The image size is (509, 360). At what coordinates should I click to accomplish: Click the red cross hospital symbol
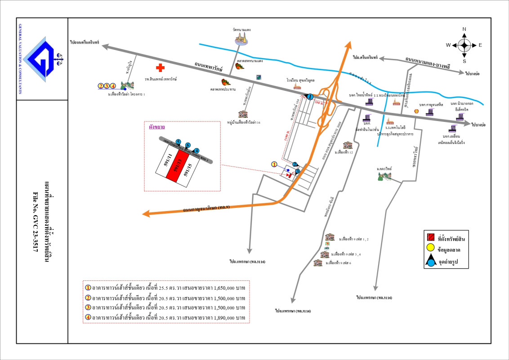pyautogui.click(x=160, y=68)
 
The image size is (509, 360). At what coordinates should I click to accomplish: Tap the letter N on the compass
pyautogui.click(x=464, y=29)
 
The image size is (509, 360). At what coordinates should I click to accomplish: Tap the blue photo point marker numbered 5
pyautogui.click(x=179, y=142)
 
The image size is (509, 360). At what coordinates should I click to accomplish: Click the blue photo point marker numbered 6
pyautogui.click(x=188, y=145)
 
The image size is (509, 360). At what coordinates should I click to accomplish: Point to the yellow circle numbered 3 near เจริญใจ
pyautogui.click(x=107, y=85)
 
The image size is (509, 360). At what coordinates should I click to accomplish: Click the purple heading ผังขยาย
pyautogui.click(x=157, y=127)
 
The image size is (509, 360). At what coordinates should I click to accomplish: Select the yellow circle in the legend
pyautogui.click(x=430, y=247)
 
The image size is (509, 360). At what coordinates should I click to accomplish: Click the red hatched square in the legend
pyautogui.click(x=430, y=237)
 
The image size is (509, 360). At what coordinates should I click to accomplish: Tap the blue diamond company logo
pyautogui.click(x=42, y=59)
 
